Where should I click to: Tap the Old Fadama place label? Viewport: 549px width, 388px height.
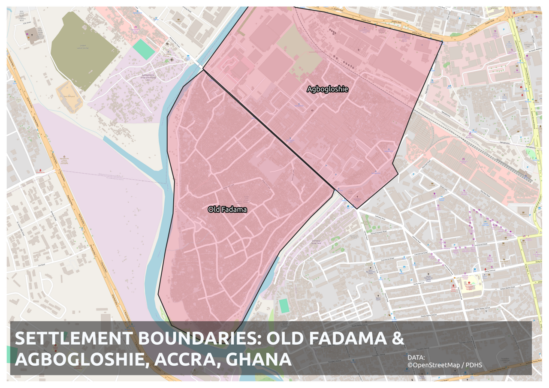click(227, 209)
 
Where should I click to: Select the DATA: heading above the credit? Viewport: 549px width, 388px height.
click(416, 357)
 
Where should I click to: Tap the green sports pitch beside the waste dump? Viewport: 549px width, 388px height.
click(144, 49)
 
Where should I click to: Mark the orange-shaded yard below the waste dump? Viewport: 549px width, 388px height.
click(69, 97)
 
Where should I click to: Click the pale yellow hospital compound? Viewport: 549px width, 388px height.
click(468, 284)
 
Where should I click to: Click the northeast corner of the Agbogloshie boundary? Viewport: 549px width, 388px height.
click(442, 42)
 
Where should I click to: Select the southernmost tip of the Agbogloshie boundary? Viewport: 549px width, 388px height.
click(357, 209)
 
